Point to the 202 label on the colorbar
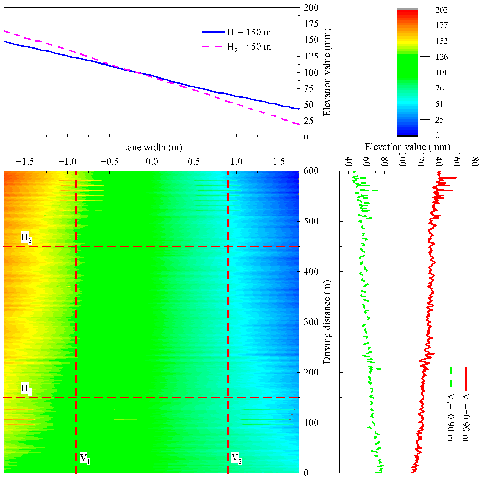tap(441, 10)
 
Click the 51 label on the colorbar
tap(439, 104)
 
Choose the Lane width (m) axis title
tap(152, 147)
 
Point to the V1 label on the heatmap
tap(85, 458)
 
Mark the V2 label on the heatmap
tap(236, 458)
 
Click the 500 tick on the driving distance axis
tap(311, 221)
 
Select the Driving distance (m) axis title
tap(327, 322)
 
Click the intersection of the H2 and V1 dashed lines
tap(76, 246)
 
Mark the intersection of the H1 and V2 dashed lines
tap(228, 398)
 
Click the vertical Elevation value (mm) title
tap(327, 73)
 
